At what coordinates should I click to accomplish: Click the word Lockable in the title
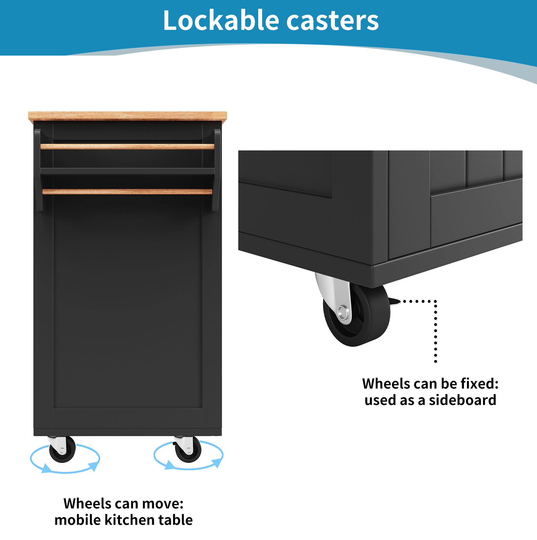point(221,20)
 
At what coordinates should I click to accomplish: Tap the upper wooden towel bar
point(127,147)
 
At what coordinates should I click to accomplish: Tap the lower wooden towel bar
point(127,192)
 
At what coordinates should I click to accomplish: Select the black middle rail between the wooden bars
point(127,171)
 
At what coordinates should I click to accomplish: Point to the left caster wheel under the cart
point(62,450)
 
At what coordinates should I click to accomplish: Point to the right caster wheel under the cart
point(188,450)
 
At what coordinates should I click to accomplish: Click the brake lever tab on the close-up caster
point(394,302)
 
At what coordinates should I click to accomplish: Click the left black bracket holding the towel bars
point(39,171)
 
